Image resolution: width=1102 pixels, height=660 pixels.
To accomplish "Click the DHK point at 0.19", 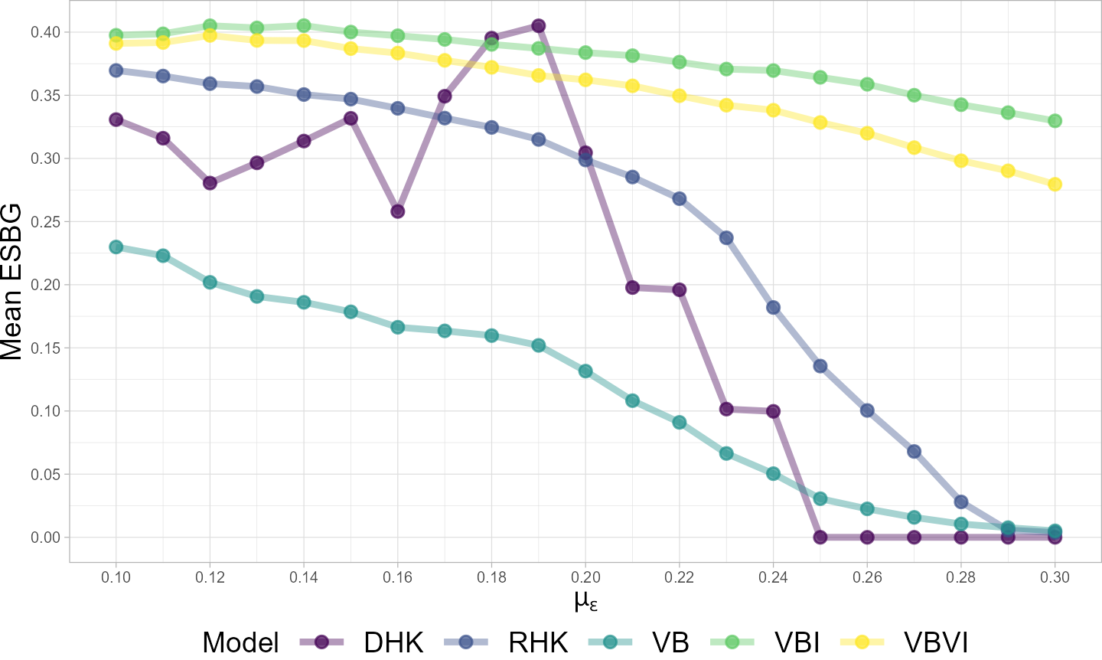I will [x=538, y=26].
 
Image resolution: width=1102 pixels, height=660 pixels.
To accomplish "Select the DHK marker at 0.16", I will [x=398, y=211].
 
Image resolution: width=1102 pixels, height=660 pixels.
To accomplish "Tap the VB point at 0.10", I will [x=116, y=247].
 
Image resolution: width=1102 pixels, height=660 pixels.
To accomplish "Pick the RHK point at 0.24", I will [x=773, y=307].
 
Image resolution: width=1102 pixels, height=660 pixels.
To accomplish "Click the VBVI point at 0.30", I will [x=1055, y=184].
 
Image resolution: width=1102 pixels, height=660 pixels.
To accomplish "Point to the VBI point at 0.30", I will [x=1055, y=120].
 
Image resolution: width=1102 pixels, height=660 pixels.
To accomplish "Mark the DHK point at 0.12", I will [x=210, y=183].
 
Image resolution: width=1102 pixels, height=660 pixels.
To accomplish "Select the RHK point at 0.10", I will [x=116, y=70].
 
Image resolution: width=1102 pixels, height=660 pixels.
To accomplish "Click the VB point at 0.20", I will [x=585, y=371].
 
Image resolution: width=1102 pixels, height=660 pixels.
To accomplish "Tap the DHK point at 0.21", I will [x=632, y=287].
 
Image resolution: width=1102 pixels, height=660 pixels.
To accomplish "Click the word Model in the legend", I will [x=241, y=642].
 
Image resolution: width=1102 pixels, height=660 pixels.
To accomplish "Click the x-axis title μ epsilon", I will [x=585, y=601].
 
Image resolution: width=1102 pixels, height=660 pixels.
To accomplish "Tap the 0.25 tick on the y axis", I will [x=45, y=222].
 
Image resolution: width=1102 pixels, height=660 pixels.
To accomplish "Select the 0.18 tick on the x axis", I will [x=491, y=577].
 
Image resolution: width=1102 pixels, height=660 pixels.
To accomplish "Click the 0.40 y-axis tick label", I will [x=45, y=32].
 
